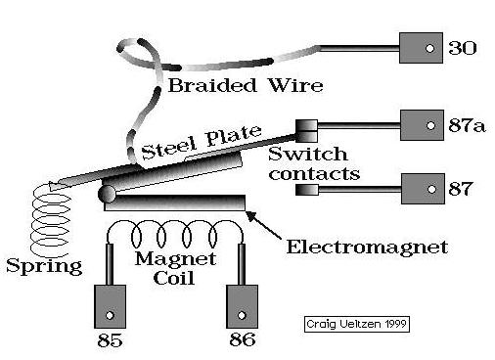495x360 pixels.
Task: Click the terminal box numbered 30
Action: pos(421,48)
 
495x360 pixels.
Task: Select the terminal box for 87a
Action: pos(422,125)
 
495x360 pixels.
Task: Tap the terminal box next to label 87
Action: pos(423,189)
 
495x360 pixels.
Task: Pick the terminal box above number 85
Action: pos(110,306)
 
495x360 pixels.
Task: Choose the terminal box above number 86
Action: pos(242,306)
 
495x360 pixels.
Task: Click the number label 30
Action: pos(463,48)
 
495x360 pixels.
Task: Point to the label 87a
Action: pos(467,125)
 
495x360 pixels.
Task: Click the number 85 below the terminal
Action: pos(110,340)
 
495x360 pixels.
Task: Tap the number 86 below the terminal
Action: pos(243,339)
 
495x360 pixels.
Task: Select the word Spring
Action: pos(44,266)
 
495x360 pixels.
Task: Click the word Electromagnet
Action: pos(367,247)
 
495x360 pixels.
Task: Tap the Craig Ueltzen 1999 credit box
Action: pos(357,324)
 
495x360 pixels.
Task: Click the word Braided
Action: pos(212,85)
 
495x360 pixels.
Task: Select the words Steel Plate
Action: pos(202,142)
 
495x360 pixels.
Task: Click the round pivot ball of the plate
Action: pos(107,194)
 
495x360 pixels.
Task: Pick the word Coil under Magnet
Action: pos(174,278)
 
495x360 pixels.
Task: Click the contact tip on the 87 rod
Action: pos(306,190)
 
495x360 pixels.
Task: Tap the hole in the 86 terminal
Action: pos(242,315)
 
